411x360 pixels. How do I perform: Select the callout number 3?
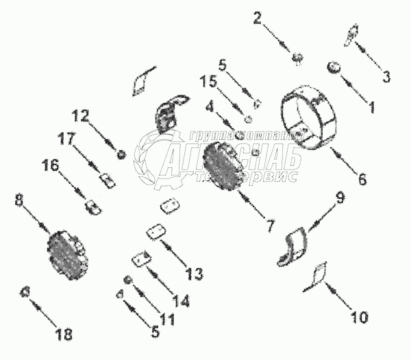(x=387, y=76)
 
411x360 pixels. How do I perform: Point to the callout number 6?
(x=361, y=180)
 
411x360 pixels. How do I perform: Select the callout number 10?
(x=360, y=317)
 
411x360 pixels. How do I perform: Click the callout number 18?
(x=64, y=335)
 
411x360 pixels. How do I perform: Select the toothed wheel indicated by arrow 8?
(x=68, y=255)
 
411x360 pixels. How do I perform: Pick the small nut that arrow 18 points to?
(x=26, y=291)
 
